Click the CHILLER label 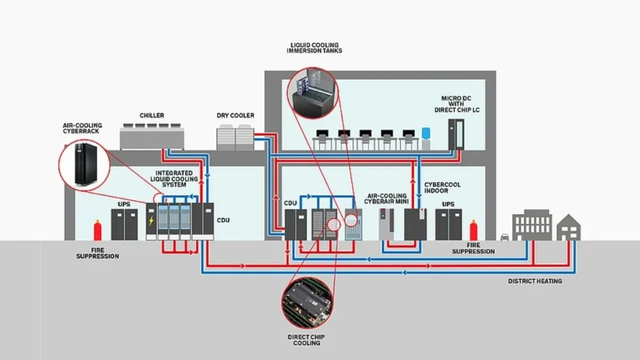pos(151,116)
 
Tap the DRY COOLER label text pos(235,116)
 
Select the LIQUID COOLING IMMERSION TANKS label pos(314,47)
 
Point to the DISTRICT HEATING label pos(535,281)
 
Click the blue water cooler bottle pos(426,134)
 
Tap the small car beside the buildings pos(504,237)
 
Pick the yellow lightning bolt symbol pos(151,221)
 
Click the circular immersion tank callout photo pos(312,93)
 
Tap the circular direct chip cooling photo pos(307,302)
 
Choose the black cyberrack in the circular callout pos(86,164)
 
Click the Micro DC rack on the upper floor pos(456,135)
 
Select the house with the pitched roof pos(568,227)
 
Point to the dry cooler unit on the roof pos(235,137)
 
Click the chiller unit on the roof pos(152,137)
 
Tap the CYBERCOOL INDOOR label pos(442,187)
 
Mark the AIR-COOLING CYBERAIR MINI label pos(386,199)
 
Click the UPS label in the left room pos(124,204)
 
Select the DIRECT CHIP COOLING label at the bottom pos(306,340)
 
